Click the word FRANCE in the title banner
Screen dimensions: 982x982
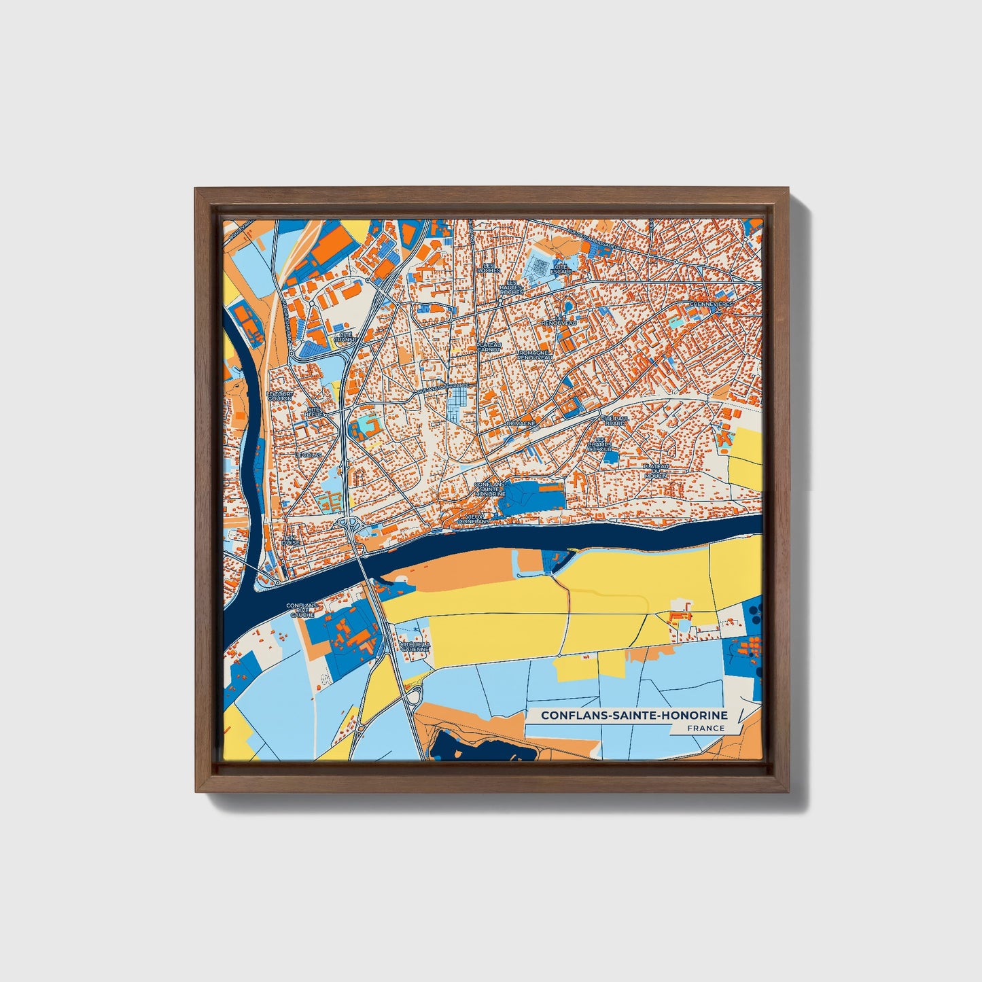[705, 728]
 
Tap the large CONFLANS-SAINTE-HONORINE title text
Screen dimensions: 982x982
[634, 715]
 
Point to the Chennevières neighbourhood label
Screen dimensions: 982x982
[712, 304]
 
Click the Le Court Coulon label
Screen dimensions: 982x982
[279, 396]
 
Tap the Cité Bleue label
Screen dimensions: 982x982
[315, 412]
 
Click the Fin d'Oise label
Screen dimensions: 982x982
[291, 540]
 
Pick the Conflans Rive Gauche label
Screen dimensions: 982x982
[301, 610]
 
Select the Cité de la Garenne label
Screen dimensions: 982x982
[415, 646]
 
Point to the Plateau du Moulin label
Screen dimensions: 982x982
[656, 470]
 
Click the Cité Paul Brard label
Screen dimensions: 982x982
[614, 421]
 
